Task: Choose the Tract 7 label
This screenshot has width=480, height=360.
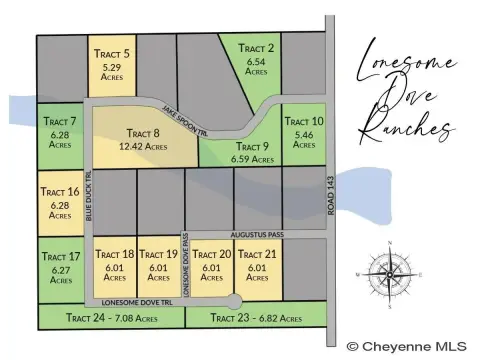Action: [x=59, y=121]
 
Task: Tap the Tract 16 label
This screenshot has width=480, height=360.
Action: [x=59, y=191]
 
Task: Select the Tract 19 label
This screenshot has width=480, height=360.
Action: [x=158, y=254]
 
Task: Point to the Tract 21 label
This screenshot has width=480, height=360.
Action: [x=256, y=254]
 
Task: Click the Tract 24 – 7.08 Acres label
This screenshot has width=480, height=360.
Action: [x=110, y=318]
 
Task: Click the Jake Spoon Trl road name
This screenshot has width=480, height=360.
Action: [x=188, y=117]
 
